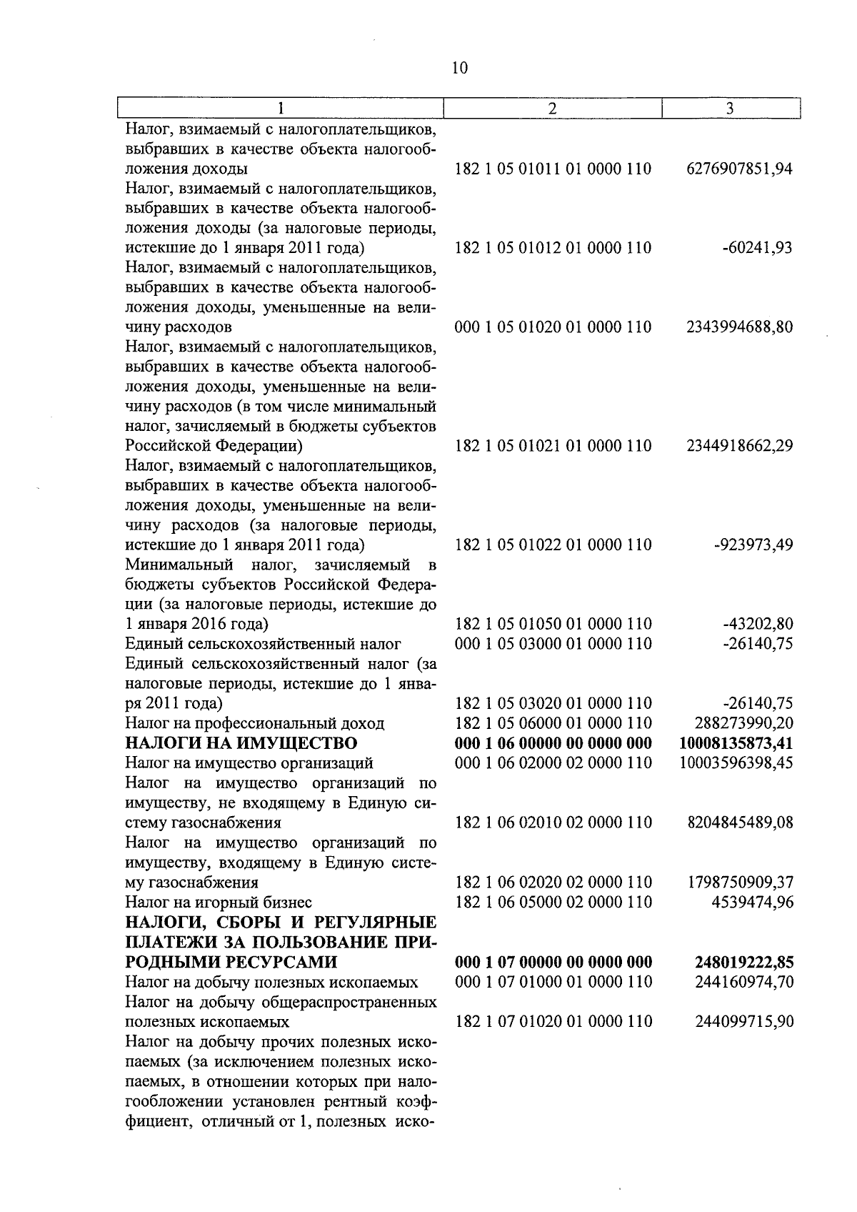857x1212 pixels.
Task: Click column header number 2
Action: (x=552, y=109)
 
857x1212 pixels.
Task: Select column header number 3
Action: (x=729, y=109)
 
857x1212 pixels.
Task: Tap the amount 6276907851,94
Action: (x=739, y=169)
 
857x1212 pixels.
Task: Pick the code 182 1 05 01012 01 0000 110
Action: (x=553, y=248)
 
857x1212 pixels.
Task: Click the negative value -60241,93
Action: (x=757, y=248)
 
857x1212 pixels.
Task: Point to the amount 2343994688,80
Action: (x=739, y=327)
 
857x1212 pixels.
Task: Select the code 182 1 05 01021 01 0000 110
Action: (x=553, y=446)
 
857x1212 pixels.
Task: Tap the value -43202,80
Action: (x=757, y=624)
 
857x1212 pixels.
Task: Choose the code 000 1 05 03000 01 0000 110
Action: (x=553, y=644)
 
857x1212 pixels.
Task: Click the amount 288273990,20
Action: (x=743, y=723)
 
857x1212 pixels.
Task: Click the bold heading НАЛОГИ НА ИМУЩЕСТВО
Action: (x=241, y=743)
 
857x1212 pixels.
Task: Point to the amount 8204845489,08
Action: (x=739, y=823)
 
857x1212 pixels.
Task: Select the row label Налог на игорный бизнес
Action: (x=219, y=902)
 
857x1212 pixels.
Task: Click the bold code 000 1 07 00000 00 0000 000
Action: (x=553, y=962)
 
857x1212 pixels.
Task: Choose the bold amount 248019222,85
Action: (x=743, y=962)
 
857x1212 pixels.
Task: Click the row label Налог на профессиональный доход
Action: (x=255, y=723)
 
